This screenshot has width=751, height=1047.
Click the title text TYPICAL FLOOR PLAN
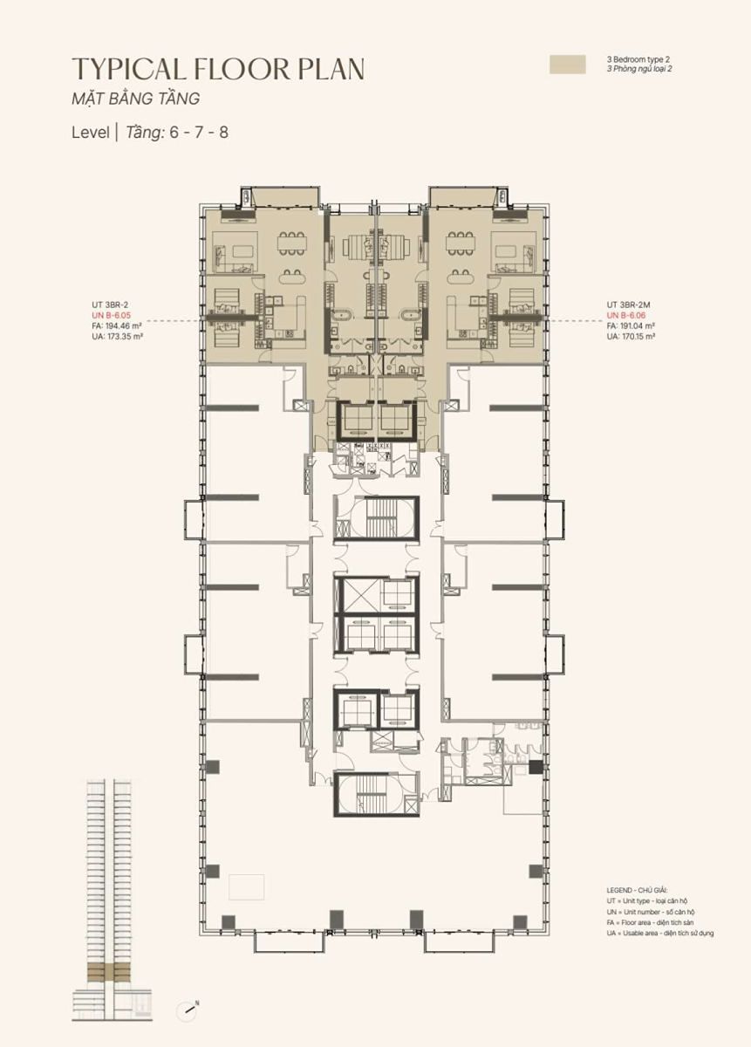coord(218,69)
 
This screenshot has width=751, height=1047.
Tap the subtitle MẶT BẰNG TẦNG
coord(135,98)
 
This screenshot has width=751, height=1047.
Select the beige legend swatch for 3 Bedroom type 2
coord(567,65)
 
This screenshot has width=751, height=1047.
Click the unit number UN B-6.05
coord(112,316)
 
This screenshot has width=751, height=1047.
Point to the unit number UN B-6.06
coord(626,316)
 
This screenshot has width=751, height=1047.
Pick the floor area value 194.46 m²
coord(123,325)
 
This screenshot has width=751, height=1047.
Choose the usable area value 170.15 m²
coord(638,336)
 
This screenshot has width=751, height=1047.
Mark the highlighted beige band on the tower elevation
coord(112,968)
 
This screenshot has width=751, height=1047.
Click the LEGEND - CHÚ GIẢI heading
coord(637,891)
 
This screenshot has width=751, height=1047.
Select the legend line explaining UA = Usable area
coord(660,934)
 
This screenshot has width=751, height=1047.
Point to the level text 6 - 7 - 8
coord(199,133)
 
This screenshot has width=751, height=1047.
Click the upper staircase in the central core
coord(376,519)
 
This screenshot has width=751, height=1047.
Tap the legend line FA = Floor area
coord(650,923)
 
